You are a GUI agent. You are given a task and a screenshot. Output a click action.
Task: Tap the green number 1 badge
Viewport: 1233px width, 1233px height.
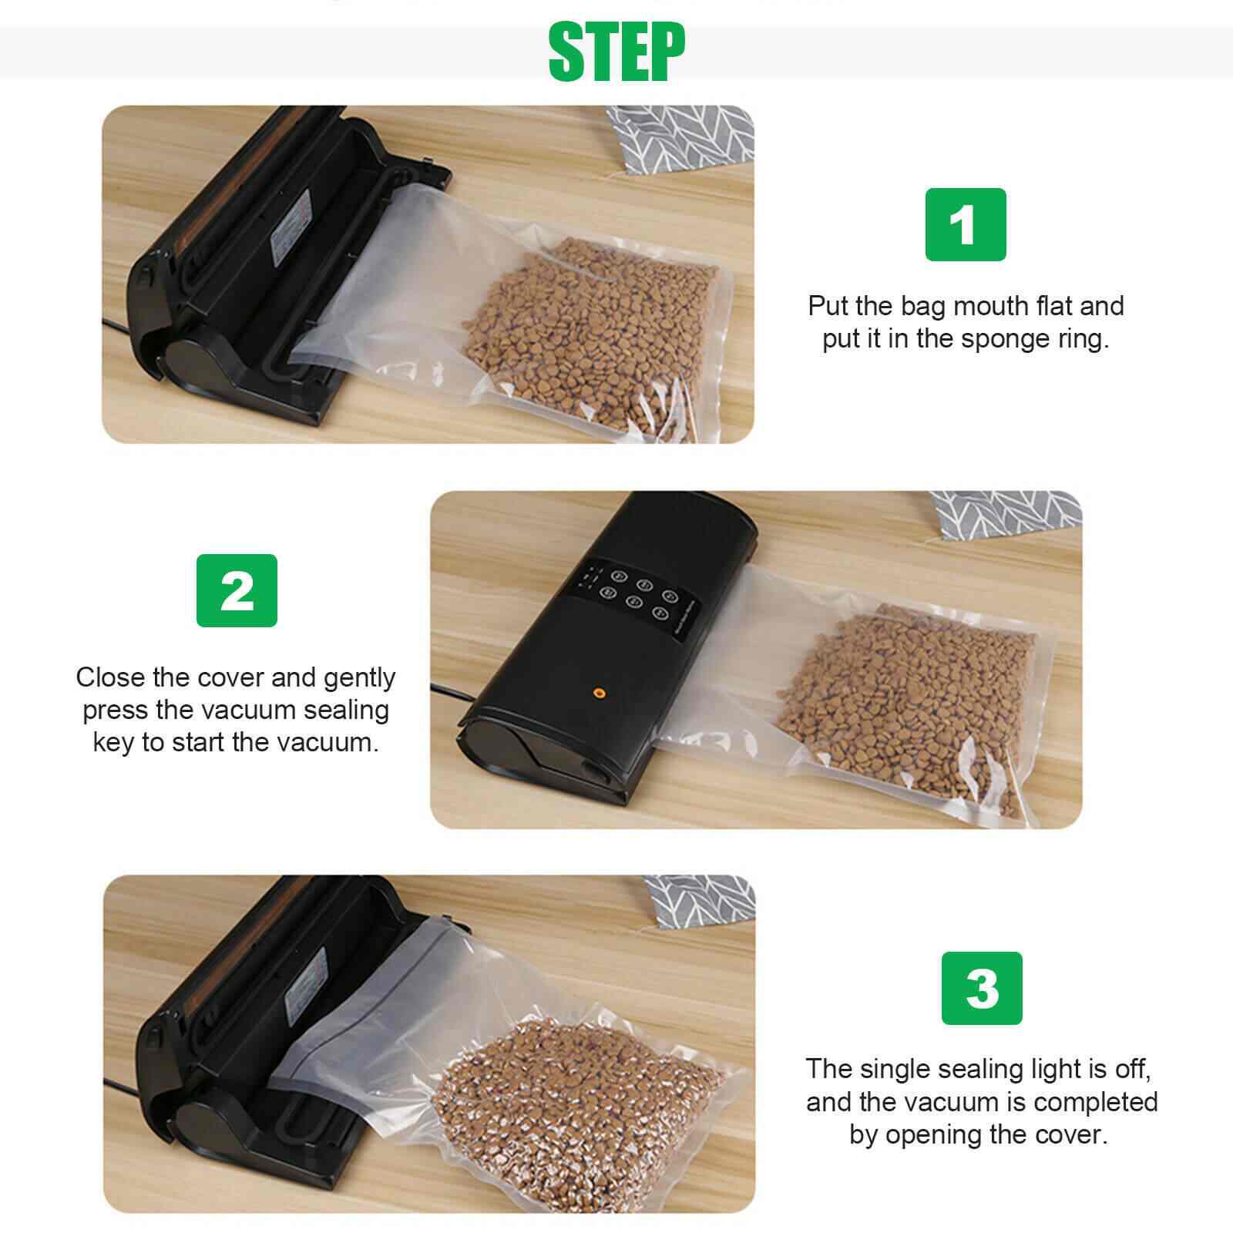965,224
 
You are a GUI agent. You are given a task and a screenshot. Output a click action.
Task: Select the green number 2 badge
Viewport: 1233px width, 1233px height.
237,590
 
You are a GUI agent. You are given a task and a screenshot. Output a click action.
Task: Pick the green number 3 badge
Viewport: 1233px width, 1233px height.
982,988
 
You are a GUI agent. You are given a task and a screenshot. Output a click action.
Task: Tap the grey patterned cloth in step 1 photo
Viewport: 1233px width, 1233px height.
678,139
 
